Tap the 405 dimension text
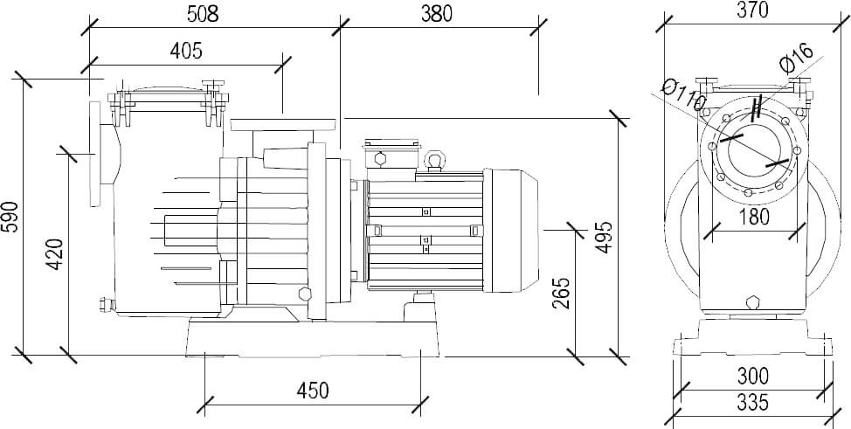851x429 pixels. pos(185,50)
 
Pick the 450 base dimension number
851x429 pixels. pos(312,390)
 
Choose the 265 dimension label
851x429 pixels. pos(563,295)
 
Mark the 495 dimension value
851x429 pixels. pos(604,236)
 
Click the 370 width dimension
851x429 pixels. pos(751,10)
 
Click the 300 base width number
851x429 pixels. pos(751,377)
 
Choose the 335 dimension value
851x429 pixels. pos(751,404)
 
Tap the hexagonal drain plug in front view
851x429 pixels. pos(753,303)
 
